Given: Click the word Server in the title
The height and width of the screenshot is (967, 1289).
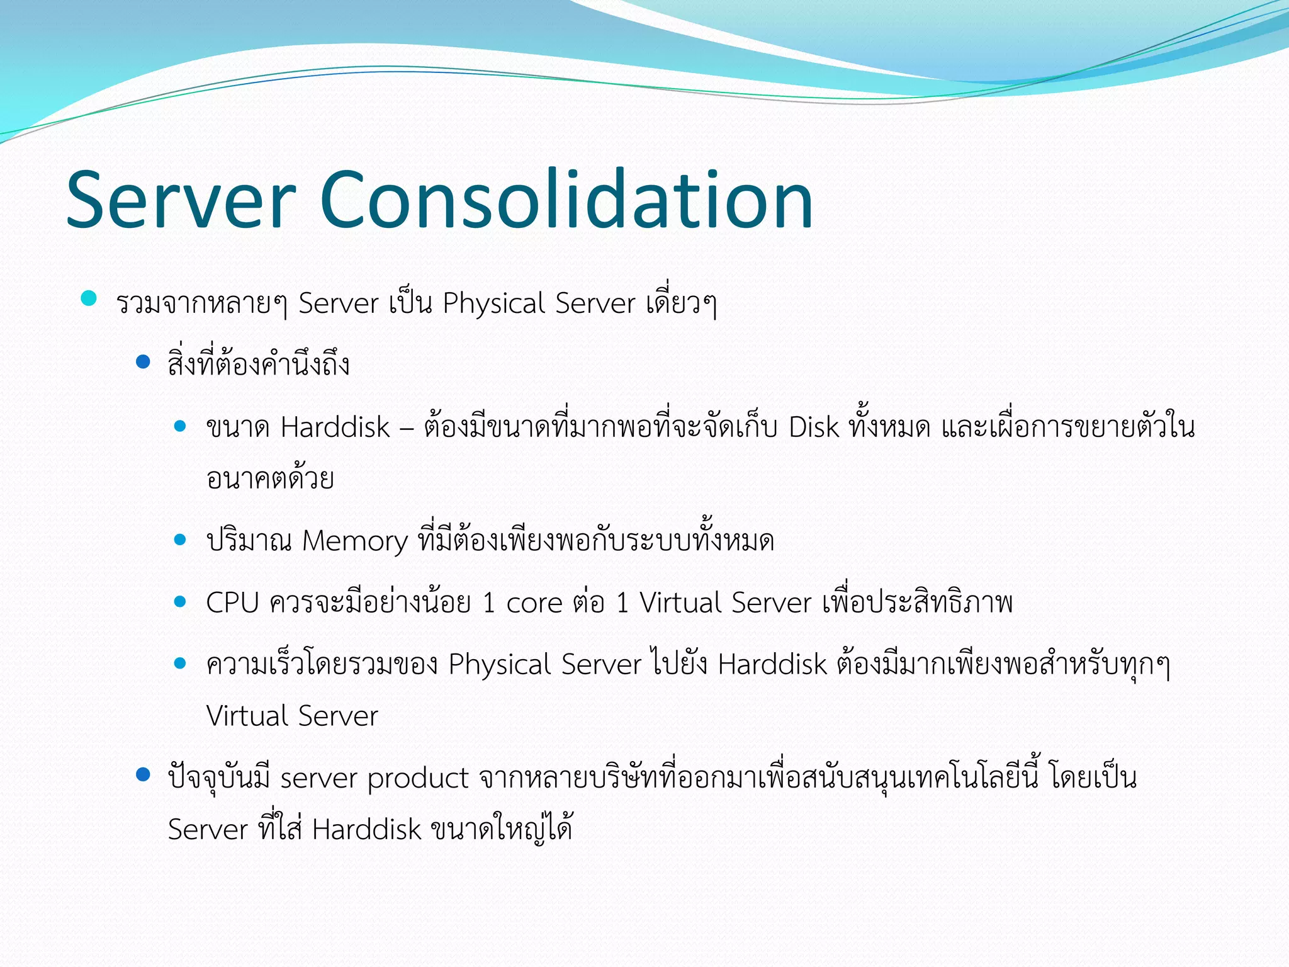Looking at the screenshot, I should click(x=181, y=200).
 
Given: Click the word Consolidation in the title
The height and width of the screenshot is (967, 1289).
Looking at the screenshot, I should click(x=566, y=200).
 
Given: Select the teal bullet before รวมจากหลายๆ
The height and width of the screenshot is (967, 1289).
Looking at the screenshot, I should click(x=89, y=298).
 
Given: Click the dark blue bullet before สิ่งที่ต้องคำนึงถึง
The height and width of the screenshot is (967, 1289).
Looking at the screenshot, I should click(x=144, y=361).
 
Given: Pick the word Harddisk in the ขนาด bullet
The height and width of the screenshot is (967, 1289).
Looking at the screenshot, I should click(x=335, y=427).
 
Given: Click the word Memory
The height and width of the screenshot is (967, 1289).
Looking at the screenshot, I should click(x=355, y=541).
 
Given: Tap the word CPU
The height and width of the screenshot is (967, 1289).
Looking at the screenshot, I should click(x=232, y=603).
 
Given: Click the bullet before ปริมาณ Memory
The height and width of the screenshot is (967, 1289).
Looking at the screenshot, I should click(x=181, y=540).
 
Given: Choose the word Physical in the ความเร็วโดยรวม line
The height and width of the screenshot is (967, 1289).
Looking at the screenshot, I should click(x=500, y=665).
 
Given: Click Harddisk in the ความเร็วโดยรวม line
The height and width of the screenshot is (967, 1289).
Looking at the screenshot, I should click(x=772, y=665).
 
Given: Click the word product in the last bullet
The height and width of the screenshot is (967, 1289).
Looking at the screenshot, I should click(x=418, y=779).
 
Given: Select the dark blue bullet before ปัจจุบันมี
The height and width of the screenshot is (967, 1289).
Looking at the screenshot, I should click(x=144, y=774).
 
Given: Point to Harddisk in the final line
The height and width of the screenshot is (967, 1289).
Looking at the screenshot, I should click(x=366, y=830).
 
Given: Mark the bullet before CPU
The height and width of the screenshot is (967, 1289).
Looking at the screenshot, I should click(x=181, y=602).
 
